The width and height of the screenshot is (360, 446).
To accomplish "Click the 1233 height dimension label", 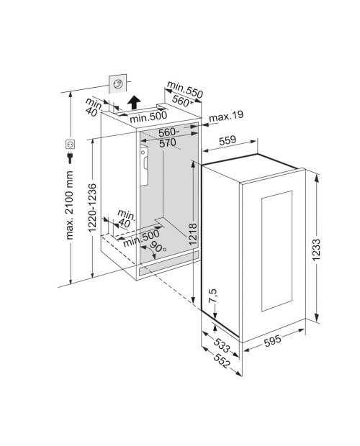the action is pos(316,250).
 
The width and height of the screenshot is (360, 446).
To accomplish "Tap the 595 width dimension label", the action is pos(273,340).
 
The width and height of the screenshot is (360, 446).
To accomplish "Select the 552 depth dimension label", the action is pos(222,361).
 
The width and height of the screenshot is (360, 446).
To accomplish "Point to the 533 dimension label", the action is pos(222,345).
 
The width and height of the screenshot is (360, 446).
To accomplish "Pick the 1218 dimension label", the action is pos(193,234).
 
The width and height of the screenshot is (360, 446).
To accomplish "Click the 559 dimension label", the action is pos(228,140).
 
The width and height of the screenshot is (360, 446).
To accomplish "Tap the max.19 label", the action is pos(226,116).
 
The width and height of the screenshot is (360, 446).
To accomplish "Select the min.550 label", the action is pos(185,90).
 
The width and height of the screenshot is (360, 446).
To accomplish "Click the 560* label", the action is pos(182,101).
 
